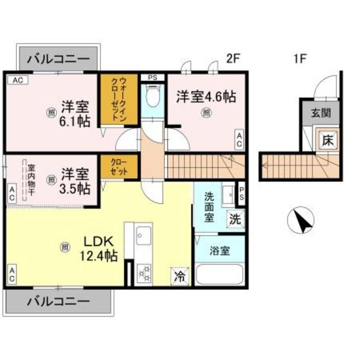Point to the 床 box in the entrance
(327, 140)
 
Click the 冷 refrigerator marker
(180, 276)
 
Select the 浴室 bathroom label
(220, 251)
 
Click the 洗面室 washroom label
(209, 206)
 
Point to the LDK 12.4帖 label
(101, 248)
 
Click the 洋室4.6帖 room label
(205, 96)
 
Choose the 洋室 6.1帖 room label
(75, 112)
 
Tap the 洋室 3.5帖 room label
(75, 181)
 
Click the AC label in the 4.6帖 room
(239, 139)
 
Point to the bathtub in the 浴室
(220, 277)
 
